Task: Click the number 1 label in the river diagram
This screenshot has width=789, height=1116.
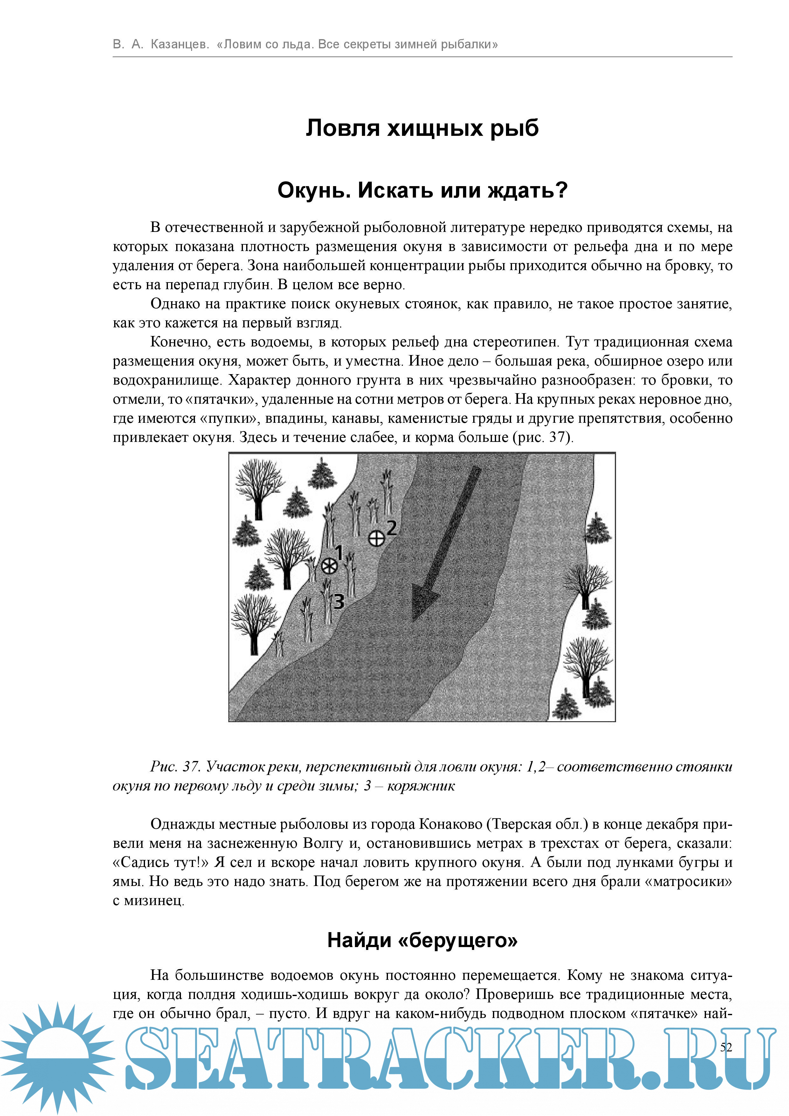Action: pyautogui.click(x=339, y=553)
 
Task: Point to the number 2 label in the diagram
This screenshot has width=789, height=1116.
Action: pyautogui.click(x=391, y=527)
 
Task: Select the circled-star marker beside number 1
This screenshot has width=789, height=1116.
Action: pyautogui.click(x=329, y=566)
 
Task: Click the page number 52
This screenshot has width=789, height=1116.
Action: pyautogui.click(x=726, y=1047)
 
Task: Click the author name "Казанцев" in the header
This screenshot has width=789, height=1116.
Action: pyautogui.click(x=180, y=44)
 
